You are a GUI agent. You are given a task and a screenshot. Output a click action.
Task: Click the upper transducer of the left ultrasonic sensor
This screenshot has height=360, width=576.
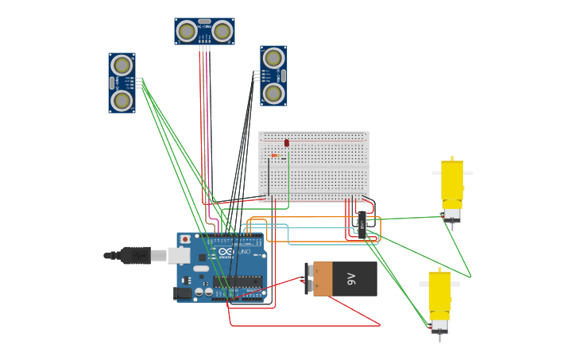coord(122,65)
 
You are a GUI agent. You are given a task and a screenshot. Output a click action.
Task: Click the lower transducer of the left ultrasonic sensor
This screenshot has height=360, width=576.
coord(122,100)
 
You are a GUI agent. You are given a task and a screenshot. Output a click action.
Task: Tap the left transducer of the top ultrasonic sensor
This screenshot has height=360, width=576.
coord(187,31)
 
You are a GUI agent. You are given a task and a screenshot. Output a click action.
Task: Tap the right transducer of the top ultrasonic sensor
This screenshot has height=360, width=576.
coord(222,31)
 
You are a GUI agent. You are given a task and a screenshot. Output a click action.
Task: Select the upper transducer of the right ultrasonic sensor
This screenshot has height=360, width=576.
coord(273,58)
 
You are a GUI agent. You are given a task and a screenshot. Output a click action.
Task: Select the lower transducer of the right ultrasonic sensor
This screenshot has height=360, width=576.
coord(273,93)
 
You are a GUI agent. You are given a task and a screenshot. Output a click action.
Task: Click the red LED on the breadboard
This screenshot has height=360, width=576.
coord(287,143)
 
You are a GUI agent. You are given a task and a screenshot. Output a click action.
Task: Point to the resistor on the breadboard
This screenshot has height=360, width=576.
coord(275,156)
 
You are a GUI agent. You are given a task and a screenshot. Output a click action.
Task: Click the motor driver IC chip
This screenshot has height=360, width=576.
coord(362,225)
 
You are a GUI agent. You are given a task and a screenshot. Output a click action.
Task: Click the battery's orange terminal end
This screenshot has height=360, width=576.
coord(323,279)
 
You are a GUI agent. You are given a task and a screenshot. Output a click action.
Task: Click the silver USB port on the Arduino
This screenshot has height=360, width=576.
coord(179,255)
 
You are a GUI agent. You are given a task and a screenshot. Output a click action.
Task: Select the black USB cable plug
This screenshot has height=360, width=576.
coord(135,255)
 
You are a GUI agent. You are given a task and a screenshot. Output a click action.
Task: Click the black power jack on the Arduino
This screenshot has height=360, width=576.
coord(183,292)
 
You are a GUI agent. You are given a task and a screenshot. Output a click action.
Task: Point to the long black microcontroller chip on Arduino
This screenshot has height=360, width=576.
coord(238,281)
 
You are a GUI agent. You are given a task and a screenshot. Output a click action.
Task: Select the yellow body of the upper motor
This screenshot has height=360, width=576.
coord(452,180)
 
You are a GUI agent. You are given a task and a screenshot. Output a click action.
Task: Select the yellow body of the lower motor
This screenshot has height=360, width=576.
coord(439,292)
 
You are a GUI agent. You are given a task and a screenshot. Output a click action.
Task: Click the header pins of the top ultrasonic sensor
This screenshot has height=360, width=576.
coord(204,48)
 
